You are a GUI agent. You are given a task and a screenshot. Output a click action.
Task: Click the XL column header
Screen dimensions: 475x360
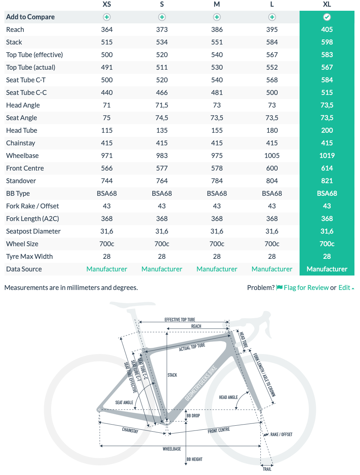coord(327,4)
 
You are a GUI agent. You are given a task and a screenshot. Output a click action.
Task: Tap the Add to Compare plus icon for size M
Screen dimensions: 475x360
coord(217,17)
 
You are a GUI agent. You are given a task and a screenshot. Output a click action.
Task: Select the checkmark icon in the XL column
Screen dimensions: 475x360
coord(327,17)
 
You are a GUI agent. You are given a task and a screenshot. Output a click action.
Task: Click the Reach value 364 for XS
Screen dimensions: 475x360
coord(107,30)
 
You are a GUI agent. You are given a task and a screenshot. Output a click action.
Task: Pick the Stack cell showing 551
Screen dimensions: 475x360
coord(217,42)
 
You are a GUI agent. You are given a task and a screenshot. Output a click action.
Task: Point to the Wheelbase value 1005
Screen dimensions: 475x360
coord(272,156)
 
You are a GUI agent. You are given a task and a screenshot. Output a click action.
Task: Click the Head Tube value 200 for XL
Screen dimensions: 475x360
coord(327,131)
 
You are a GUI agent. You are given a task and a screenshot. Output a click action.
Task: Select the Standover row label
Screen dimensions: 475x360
coord(21,181)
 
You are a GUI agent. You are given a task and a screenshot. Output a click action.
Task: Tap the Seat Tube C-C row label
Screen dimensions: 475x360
coord(26,93)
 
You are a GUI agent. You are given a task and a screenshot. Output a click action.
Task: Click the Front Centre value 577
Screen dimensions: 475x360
coord(162,168)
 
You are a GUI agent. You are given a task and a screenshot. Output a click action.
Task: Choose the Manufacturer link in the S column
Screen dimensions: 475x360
coord(162,269)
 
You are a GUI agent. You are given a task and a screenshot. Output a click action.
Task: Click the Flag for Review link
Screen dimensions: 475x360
coord(306,288)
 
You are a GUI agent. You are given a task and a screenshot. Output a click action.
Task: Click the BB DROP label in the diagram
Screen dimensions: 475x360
coord(193,416)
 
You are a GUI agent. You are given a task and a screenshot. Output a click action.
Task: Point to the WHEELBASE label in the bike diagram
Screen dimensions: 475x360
coord(172,449)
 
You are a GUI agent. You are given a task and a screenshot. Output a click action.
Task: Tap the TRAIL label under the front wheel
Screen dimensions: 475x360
coord(267,469)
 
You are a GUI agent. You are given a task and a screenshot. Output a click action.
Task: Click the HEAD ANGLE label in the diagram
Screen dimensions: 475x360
coord(228,398)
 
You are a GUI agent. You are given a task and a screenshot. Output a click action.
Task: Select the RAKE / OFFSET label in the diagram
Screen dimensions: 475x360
coord(281,435)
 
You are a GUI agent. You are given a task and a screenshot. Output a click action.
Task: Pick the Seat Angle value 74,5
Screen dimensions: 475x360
coord(162,118)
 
